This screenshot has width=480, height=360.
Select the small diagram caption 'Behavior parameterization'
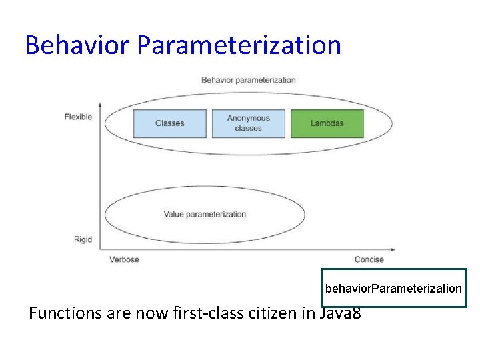point(248,80)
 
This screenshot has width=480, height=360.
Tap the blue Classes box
point(169,123)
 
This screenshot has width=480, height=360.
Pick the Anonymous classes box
point(248,123)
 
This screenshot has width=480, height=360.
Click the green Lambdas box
point(327,123)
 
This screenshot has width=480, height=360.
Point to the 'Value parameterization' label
point(205,214)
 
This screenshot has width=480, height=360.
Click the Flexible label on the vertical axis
point(78,117)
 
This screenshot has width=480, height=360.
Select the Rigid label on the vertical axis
point(83,239)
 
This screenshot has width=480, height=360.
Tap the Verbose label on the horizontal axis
point(124,259)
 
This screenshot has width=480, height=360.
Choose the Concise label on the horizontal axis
point(369,259)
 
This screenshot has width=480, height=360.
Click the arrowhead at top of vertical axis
point(99,104)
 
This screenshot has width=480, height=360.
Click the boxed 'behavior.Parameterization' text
point(393,288)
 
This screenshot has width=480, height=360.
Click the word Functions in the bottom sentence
point(65,313)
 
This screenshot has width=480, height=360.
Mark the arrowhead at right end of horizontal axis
point(393,251)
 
